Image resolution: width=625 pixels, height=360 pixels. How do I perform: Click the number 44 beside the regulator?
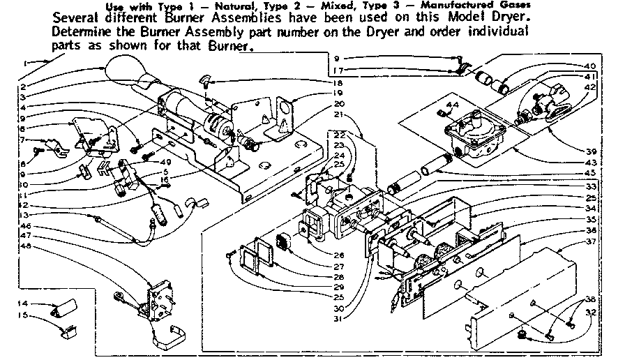(453, 105)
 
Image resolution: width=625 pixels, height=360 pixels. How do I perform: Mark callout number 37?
(589, 242)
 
